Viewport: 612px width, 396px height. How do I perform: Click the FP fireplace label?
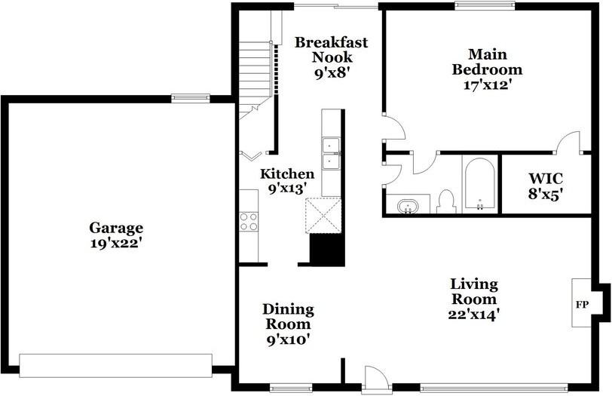(x=582, y=305)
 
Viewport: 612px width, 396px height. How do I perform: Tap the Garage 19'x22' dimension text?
(x=116, y=244)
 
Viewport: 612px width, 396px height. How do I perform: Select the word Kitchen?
(x=287, y=173)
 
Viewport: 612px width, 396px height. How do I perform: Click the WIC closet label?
(x=546, y=179)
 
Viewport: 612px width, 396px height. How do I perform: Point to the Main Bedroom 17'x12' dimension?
(x=488, y=84)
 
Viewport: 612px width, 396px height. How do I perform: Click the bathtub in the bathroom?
(x=479, y=184)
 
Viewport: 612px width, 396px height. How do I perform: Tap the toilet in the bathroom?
(x=445, y=201)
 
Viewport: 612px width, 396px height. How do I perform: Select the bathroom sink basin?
(x=408, y=206)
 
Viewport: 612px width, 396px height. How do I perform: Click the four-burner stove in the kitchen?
(x=249, y=222)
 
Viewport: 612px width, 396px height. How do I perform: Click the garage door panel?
(x=116, y=366)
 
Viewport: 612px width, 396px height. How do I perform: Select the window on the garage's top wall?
(x=191, y=98)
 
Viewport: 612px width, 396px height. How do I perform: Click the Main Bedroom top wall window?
(x=485, y=5)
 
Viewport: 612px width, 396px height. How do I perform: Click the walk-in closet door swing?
(x=569, y=142)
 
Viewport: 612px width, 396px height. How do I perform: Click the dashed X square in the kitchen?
(x=323, y=216)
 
